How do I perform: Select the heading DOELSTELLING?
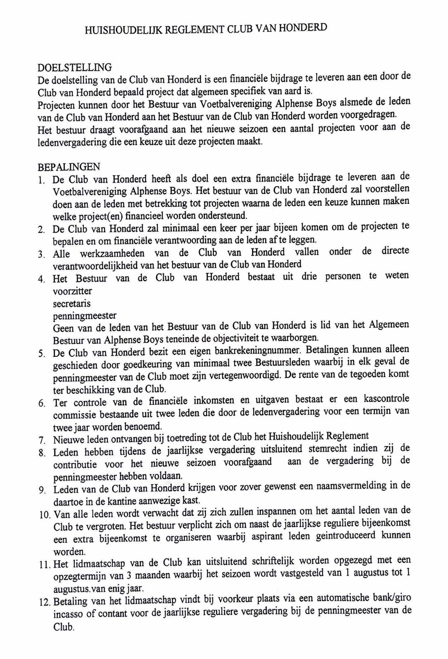(75, 68)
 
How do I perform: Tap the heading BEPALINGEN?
(69, 167)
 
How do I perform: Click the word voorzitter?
(72, 291)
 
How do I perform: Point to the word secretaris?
(72, 304)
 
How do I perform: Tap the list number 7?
(42, 440)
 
